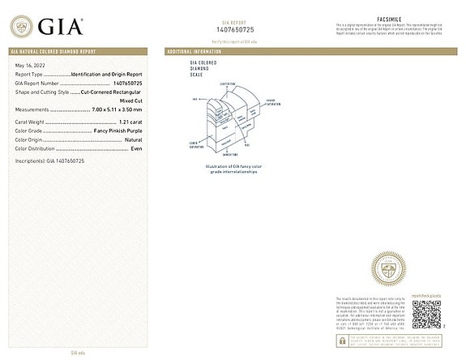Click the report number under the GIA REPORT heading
233,29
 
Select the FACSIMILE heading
390,18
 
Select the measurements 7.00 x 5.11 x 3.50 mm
114,109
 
